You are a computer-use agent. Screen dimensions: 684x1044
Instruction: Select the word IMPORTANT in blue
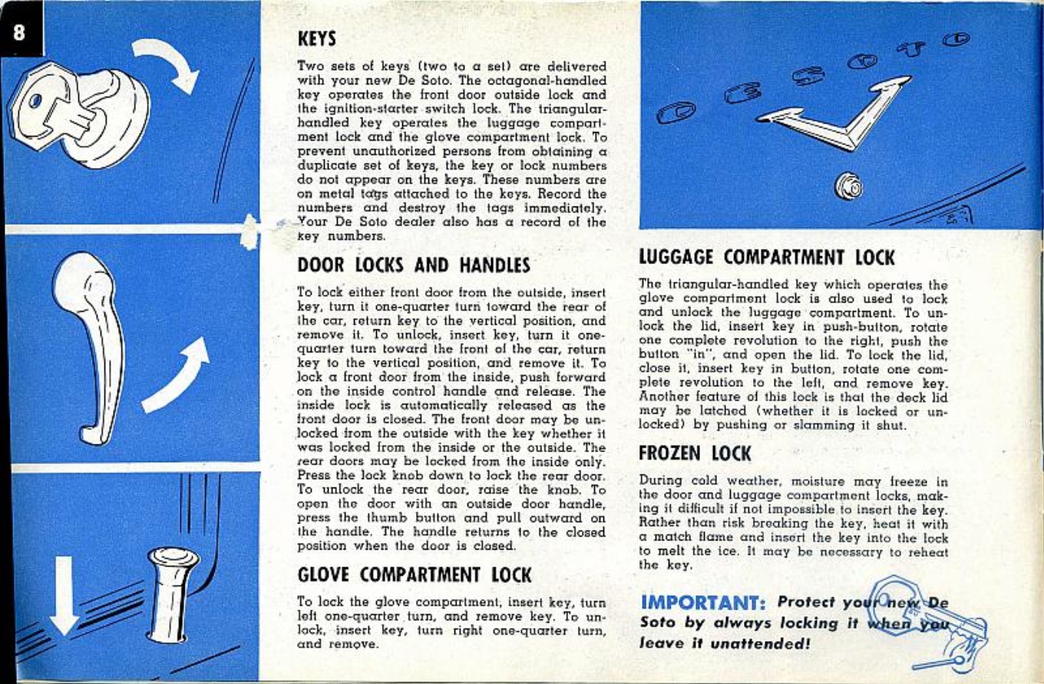click(698, 603)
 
